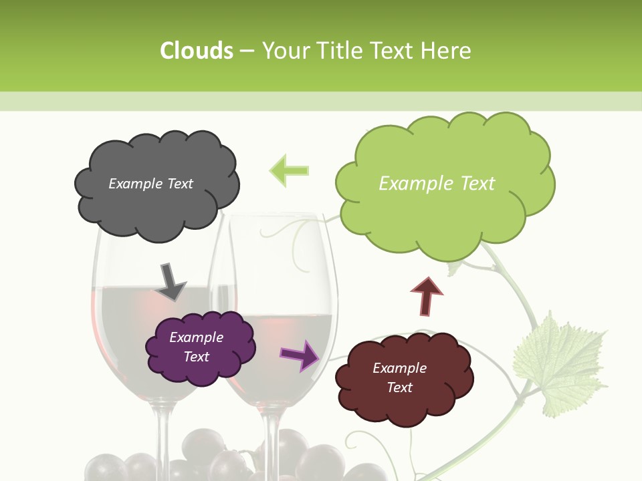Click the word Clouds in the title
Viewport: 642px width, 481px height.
[x=197, y=51]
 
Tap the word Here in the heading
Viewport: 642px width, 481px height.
[x=447, y=51]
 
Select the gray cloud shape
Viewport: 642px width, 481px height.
[x=157, y=200]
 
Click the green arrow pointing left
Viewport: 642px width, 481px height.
[x=289, y=170]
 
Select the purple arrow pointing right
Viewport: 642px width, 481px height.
[x=300, y=355]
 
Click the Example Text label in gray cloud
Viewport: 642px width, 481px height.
[x=150, y=184]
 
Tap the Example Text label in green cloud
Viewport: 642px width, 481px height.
[x=437, y=184]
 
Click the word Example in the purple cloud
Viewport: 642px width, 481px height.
[x=196, y=337]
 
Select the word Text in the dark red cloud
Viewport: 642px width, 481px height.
[x=399, y=387]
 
